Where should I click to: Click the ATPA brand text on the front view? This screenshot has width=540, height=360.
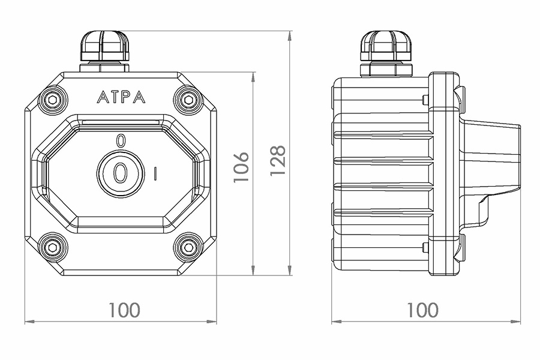(121, 97)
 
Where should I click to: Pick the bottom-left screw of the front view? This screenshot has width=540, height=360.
(52, 247)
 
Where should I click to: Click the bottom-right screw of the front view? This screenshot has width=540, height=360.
(188, 247)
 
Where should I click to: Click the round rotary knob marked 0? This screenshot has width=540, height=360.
(120, 173)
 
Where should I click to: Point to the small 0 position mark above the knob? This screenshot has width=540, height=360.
(121, 141)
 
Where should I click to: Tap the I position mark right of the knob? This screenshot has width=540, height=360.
(155, 173)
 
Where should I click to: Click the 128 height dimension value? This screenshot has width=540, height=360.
(277, 161)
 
